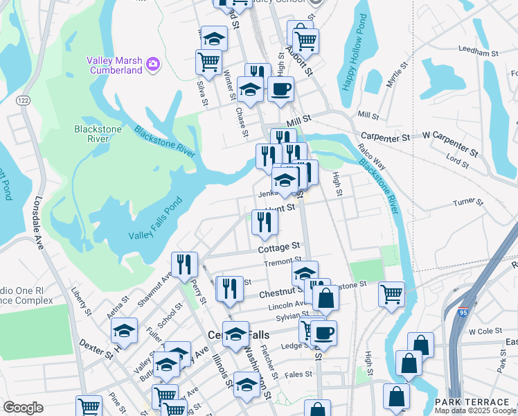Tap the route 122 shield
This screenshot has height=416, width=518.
(24, 101)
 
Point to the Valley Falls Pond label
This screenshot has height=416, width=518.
(155, 227)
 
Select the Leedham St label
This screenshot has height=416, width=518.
(479, 52)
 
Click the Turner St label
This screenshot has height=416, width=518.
(467, 202)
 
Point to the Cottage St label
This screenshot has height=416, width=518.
(278, 247)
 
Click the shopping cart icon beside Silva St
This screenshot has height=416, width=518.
(208, 61)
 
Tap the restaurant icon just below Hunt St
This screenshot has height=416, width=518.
(265, 221)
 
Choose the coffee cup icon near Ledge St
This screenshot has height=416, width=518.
(323, 332)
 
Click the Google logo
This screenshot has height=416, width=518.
(23, 408)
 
